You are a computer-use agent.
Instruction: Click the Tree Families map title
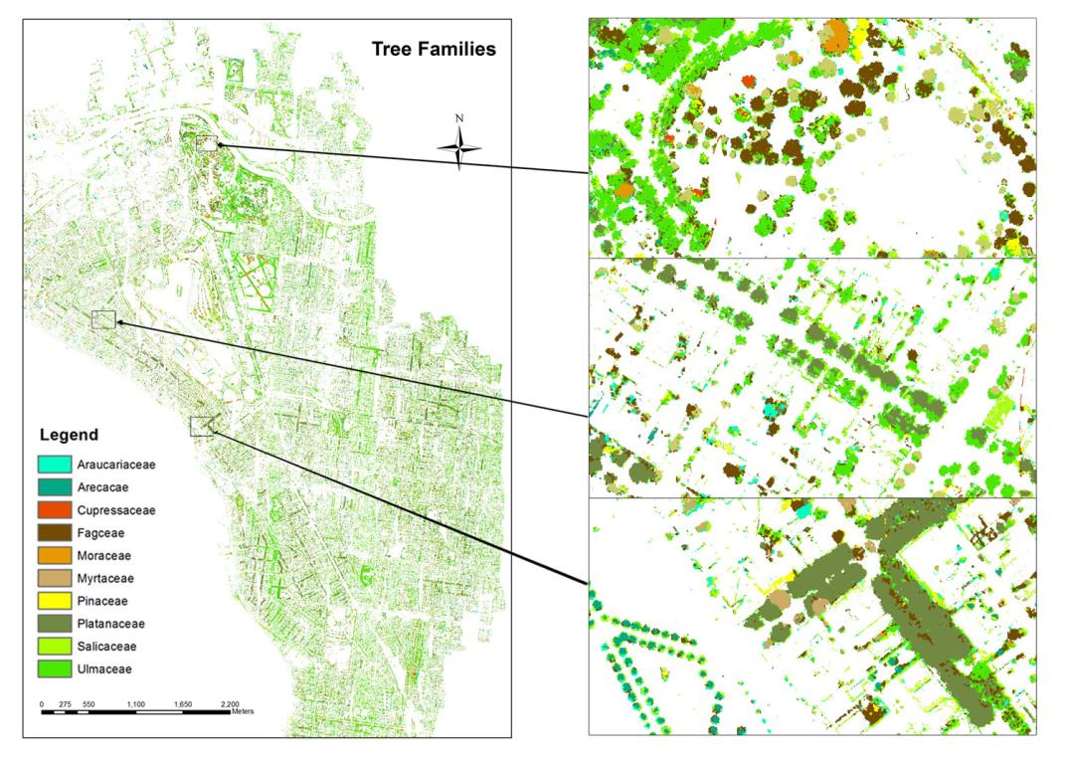pos(434,50)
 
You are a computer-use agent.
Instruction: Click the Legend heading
pos(69,436)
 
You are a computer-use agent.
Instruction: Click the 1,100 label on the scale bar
pos(137,703)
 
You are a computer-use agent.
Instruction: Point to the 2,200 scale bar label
pos(230,703)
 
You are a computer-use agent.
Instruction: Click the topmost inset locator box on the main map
pos(206,143)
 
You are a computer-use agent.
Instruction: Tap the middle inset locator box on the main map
pos(103,319)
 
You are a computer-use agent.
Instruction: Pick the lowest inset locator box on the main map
pos(201,426)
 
